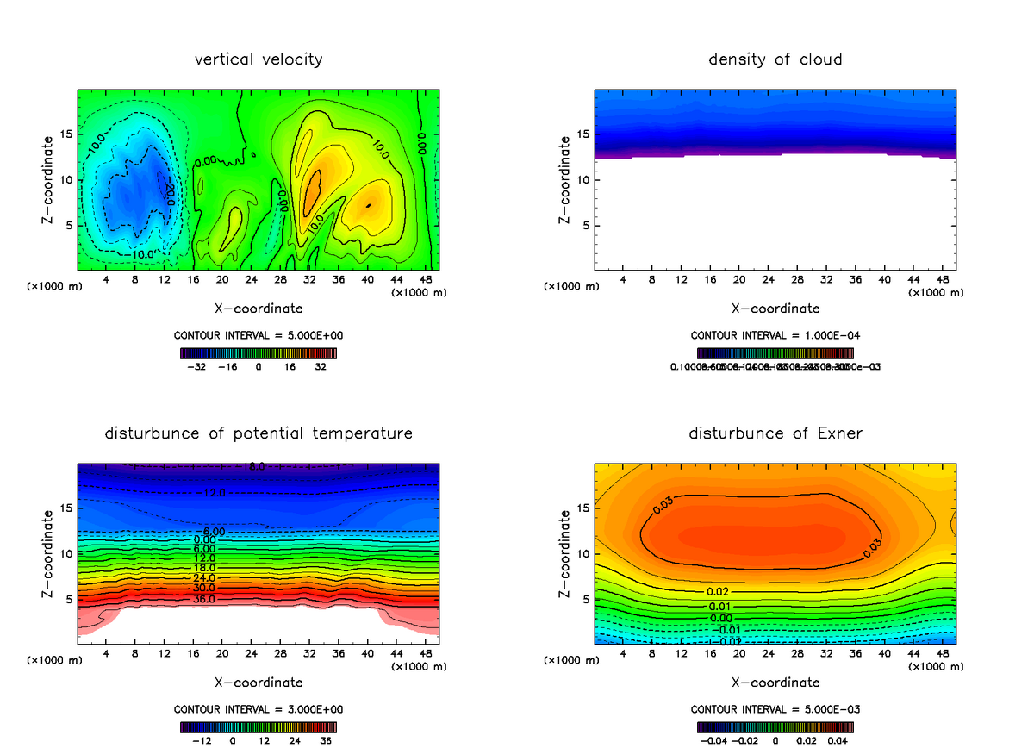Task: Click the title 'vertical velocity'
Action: (x=258, y=59)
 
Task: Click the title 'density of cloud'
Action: (x=775, y=59)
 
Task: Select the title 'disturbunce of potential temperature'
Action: (x=258, y=433)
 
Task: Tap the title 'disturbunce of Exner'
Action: (x=775, y=433)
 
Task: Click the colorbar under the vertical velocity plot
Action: (x=258, y=352)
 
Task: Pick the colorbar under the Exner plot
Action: (x=775, y=726)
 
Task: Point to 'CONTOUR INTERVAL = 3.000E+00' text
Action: (x=258, y=709)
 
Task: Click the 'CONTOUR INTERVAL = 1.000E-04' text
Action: (x=775, y=335)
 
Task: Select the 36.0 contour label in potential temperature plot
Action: (x=203, y=599)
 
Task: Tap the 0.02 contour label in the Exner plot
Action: (x=718, y=592)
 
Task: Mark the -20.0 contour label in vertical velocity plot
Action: (x=170, y=194)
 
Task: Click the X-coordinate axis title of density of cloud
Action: (x=775, y=308)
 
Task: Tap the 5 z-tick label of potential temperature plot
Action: (x=69, y=599)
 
